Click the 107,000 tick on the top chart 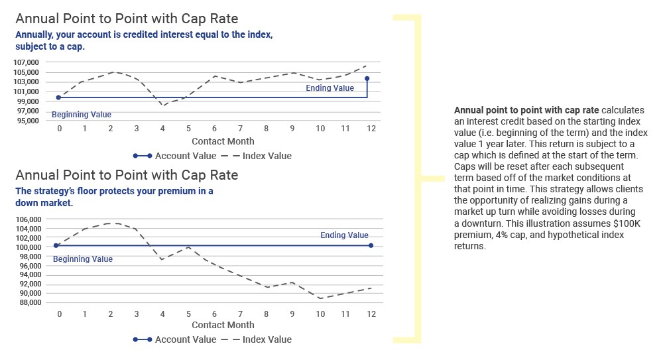point(27,62)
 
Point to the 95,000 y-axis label point(27,121)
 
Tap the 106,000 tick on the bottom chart point(29,219)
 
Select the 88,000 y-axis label point(29,302)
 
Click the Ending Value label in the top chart point(330,88)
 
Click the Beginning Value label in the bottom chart point(83,259)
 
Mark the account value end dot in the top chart point(367,79)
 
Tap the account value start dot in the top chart point(59,97)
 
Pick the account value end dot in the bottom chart point(371,245)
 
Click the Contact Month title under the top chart point(223,141)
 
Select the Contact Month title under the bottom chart point(223,325)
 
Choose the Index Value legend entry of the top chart point(256,156)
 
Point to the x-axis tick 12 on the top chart point(371,129)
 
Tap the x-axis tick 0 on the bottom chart point(59,314)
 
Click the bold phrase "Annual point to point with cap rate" point(526,111)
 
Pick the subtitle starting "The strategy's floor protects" point(114,197)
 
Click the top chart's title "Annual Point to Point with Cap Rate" point(127,19)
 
